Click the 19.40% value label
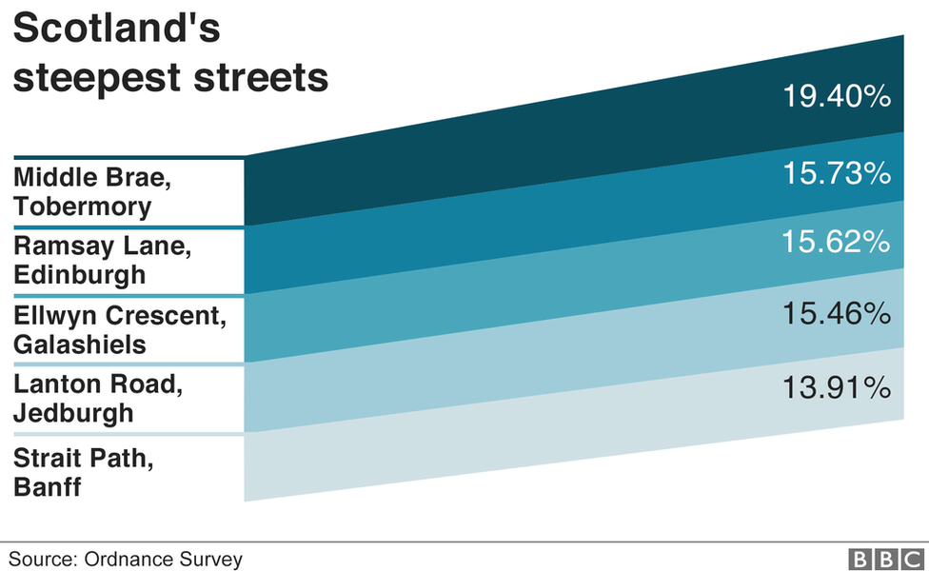836,96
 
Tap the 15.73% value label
836,173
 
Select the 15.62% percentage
836,243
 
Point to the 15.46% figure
836,312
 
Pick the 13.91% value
836,387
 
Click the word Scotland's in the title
116,30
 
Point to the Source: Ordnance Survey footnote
126,559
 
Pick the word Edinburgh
80,275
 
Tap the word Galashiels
80,345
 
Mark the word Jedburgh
73,414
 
